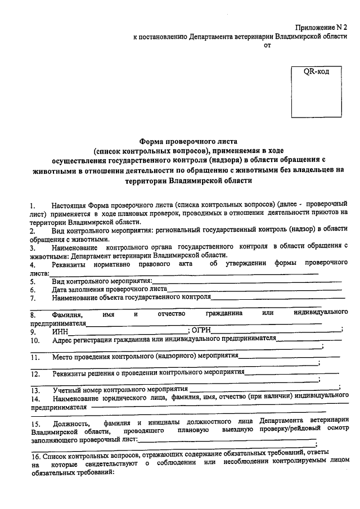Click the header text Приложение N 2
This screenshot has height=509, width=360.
(x=322, y=27)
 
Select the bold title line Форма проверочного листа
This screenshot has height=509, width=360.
(x=189, y=141)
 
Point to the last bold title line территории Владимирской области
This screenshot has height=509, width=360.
(x=189, y=181)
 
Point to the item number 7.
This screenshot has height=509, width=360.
(x=33, y=298)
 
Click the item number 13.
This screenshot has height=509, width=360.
(x=35, y=389)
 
